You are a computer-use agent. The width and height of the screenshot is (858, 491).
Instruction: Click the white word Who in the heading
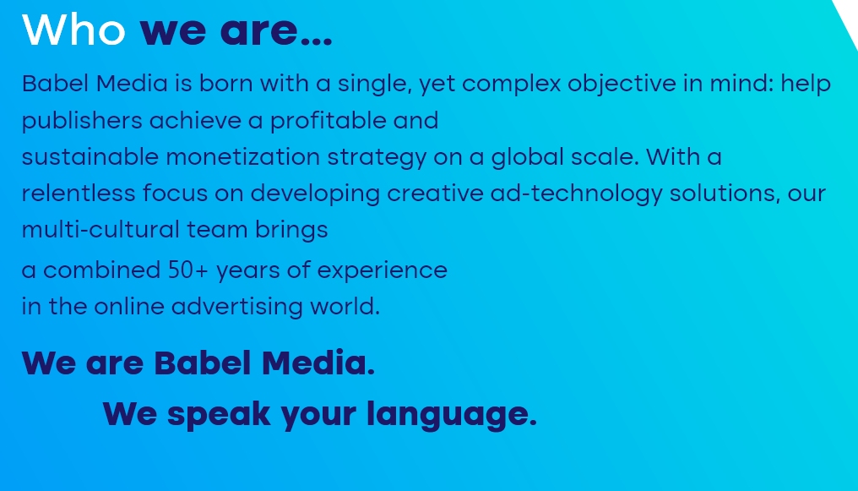click(x=73, y=30)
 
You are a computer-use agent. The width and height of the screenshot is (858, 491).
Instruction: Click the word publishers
click(x=82, y=121)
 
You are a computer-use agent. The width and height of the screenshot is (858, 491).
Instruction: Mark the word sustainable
click(x=90, y=157)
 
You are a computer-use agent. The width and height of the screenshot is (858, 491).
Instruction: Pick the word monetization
click(x=243, y=157)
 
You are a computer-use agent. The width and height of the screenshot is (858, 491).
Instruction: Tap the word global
click(x=528, y=158)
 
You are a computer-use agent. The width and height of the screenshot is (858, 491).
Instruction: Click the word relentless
click(x=79, y=194)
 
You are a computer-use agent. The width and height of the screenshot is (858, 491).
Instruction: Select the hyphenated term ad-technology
click(x=576, y=194)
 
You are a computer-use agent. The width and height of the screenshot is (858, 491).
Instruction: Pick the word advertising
click(x=237, y=307)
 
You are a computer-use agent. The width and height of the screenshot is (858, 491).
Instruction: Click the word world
click(x=345, y=306)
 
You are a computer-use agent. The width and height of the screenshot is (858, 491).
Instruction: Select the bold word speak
click(x=219, y=414)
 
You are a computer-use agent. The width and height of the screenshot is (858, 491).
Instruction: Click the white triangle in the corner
click(x=849, y=16)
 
